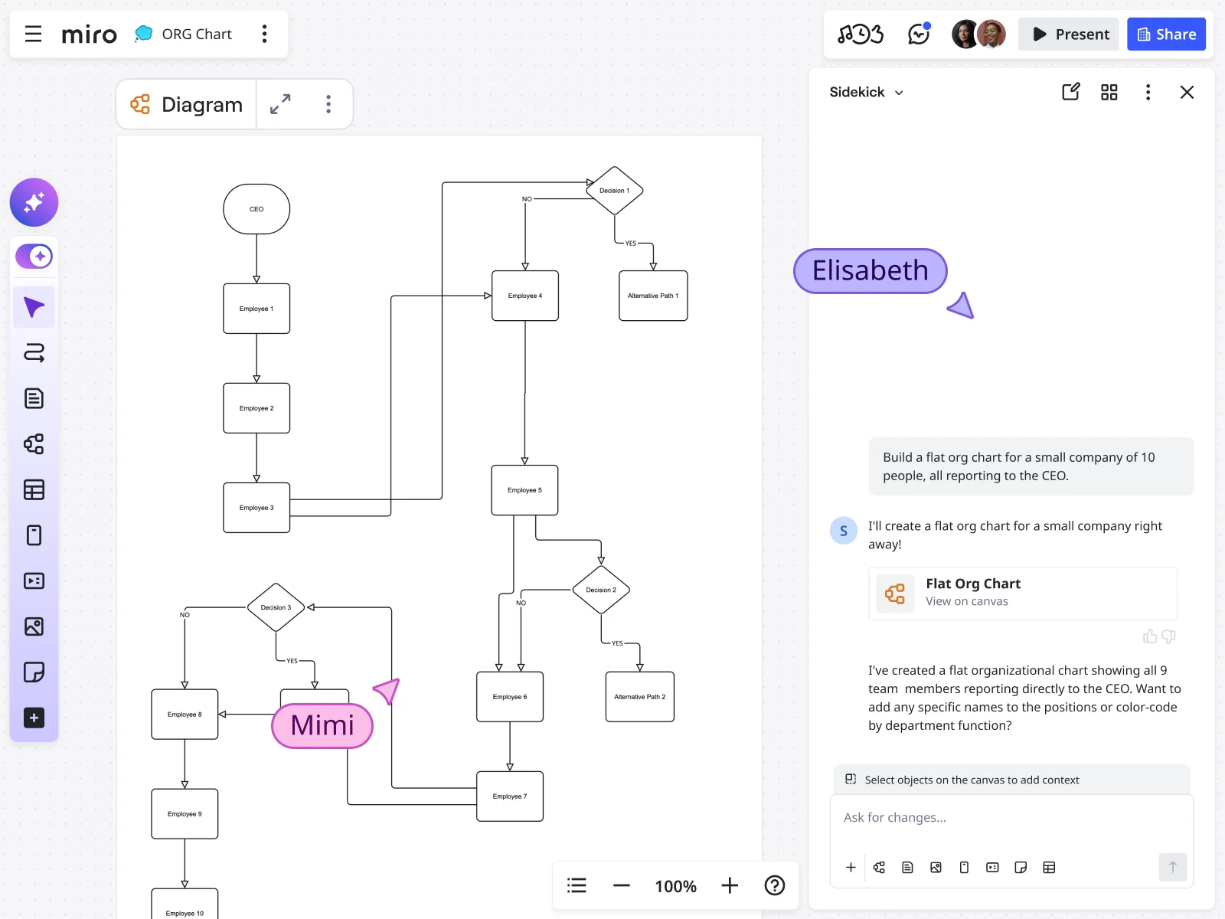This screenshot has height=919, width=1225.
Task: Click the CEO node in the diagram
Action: (x=256, y=209)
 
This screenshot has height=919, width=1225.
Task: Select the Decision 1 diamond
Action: (x=614, y=191)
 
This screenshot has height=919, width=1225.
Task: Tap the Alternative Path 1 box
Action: (x=653, y=296)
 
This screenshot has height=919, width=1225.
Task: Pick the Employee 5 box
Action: (x=524, y=490)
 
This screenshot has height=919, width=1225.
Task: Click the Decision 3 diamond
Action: (x=276, y=607)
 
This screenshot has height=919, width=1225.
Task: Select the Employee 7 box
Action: (x=510, y=796)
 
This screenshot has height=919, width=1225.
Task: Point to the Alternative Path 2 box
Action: (x=640, y=697)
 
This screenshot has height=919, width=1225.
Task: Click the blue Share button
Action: (x=1166, y=34)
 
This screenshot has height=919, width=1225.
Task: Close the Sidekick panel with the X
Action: (x=1187, y=93)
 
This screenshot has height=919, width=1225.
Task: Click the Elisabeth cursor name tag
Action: (x=871, y=271)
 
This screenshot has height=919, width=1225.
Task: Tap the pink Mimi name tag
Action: (x=322, y=725)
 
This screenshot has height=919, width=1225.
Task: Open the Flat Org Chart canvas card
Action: (x=1022, y=593)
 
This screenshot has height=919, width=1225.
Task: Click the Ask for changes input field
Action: (x=1011, y=818)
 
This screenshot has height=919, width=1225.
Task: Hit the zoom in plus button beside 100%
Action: (x=730, y=886)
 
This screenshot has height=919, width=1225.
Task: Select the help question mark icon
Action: (x=775, y=886)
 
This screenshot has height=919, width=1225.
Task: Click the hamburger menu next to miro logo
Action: (x=33, y=34)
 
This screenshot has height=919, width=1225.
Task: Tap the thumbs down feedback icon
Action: (x=1168, y=636)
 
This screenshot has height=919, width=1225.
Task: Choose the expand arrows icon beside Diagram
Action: (x=280, y=104)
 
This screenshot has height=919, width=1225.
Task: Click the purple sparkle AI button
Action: (x=34, y=202)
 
